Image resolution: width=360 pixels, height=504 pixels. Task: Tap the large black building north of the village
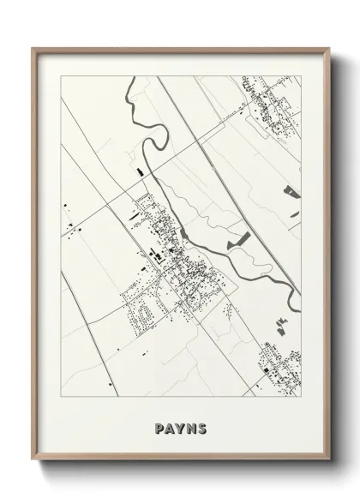(x=137, y=176)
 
